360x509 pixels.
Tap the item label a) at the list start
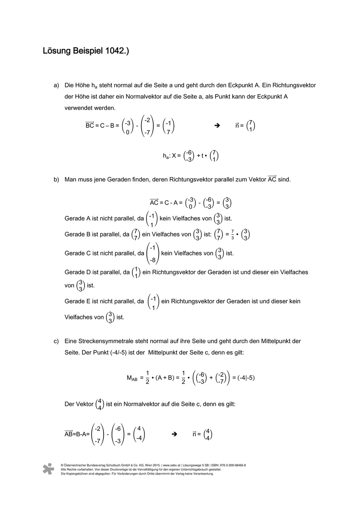point(56,86)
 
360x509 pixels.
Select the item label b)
point(56,180)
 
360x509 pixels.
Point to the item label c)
point(56,341)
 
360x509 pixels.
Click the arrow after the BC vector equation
point(217,126)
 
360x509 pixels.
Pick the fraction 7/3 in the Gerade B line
point(233,234)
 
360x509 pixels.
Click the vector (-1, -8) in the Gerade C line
point(152,253)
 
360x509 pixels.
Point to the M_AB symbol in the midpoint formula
point(132,378)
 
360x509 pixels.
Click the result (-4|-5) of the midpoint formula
point(246,378)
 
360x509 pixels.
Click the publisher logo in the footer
point(48,469)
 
